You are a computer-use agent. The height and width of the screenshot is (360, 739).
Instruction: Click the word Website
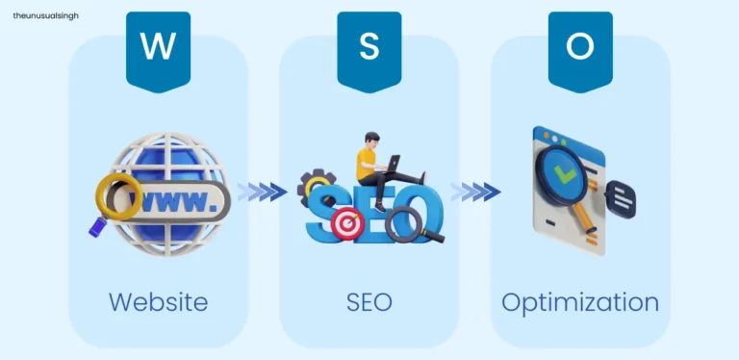click(x=158, y=301)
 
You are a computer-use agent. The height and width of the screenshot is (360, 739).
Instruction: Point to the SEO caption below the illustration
click(x=369, y=301)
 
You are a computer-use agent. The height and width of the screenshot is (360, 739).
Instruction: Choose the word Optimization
click(x=580, y=301)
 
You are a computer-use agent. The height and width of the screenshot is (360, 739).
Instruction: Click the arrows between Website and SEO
click(x=262, y=192)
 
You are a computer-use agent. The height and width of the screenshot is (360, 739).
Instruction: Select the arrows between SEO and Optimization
click(x=475, y=192)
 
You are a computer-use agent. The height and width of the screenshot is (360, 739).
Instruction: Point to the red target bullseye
click(x=345, y=223)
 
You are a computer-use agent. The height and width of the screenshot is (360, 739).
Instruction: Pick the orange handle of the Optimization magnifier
click(x=583, y=222)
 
